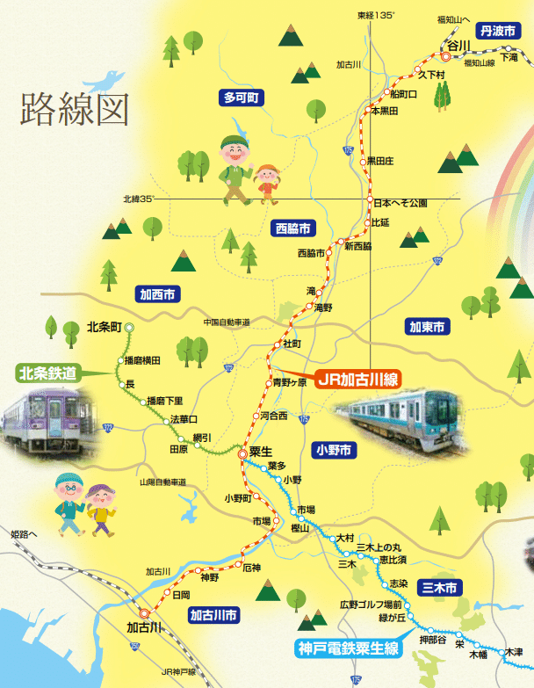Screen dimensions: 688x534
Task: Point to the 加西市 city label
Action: pyautogui.click(x=157, y=294)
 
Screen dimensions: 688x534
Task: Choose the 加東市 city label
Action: pyautogui.click(x=427, y=327)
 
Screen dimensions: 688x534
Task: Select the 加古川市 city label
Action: pyautogui.click(x=213, y=615)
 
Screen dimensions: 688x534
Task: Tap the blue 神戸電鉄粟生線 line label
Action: pyautogui.click(x=348, y=650)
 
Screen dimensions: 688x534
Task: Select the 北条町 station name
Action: pyautogui.click(x=104, y=328)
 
